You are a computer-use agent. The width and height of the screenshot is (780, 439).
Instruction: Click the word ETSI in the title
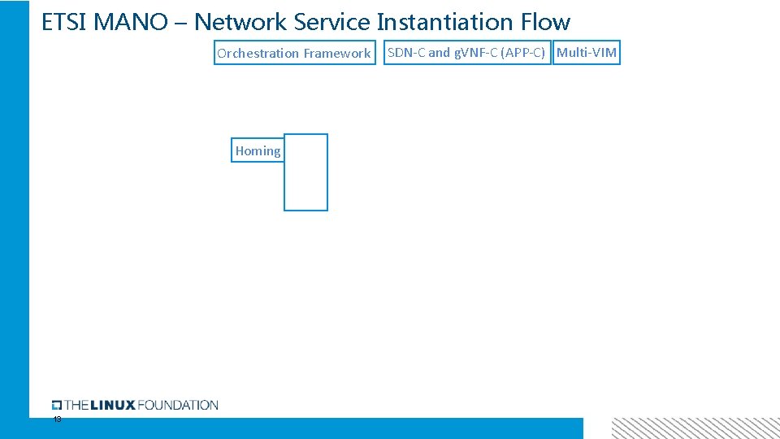point(64,22)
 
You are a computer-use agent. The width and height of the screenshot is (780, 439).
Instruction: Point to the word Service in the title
point(332,22)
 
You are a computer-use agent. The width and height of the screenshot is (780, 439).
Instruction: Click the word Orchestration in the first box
point(258,54)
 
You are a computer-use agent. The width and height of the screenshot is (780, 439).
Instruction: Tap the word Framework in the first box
point(337,54)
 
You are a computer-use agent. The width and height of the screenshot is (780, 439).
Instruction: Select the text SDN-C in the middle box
point(406,53)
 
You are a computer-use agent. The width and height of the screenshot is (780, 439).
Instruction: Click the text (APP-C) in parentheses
point(523,53)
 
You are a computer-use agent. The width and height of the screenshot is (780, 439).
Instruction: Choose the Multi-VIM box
point(587,53)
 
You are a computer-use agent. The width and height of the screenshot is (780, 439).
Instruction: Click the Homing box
point(258,150)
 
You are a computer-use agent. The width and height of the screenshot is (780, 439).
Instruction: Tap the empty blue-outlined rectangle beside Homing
point(305,172)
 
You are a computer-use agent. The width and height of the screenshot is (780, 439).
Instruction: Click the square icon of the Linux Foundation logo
point(57,405)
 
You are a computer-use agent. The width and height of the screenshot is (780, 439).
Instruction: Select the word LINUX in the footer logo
point(112,405)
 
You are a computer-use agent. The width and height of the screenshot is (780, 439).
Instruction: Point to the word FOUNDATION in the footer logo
point(178,405)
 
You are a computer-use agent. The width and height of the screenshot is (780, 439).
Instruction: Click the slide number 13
point(57,419)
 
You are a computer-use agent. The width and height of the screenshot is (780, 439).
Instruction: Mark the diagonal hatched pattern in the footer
point(695,428)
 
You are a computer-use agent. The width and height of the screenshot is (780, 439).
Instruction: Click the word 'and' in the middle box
point(439,53)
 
